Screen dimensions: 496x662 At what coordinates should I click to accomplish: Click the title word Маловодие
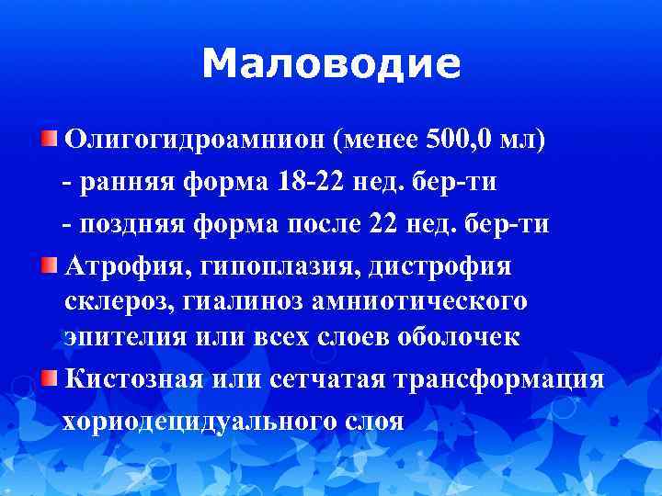coord(330,64)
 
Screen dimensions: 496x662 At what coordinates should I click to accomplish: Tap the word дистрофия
coord(440,266)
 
